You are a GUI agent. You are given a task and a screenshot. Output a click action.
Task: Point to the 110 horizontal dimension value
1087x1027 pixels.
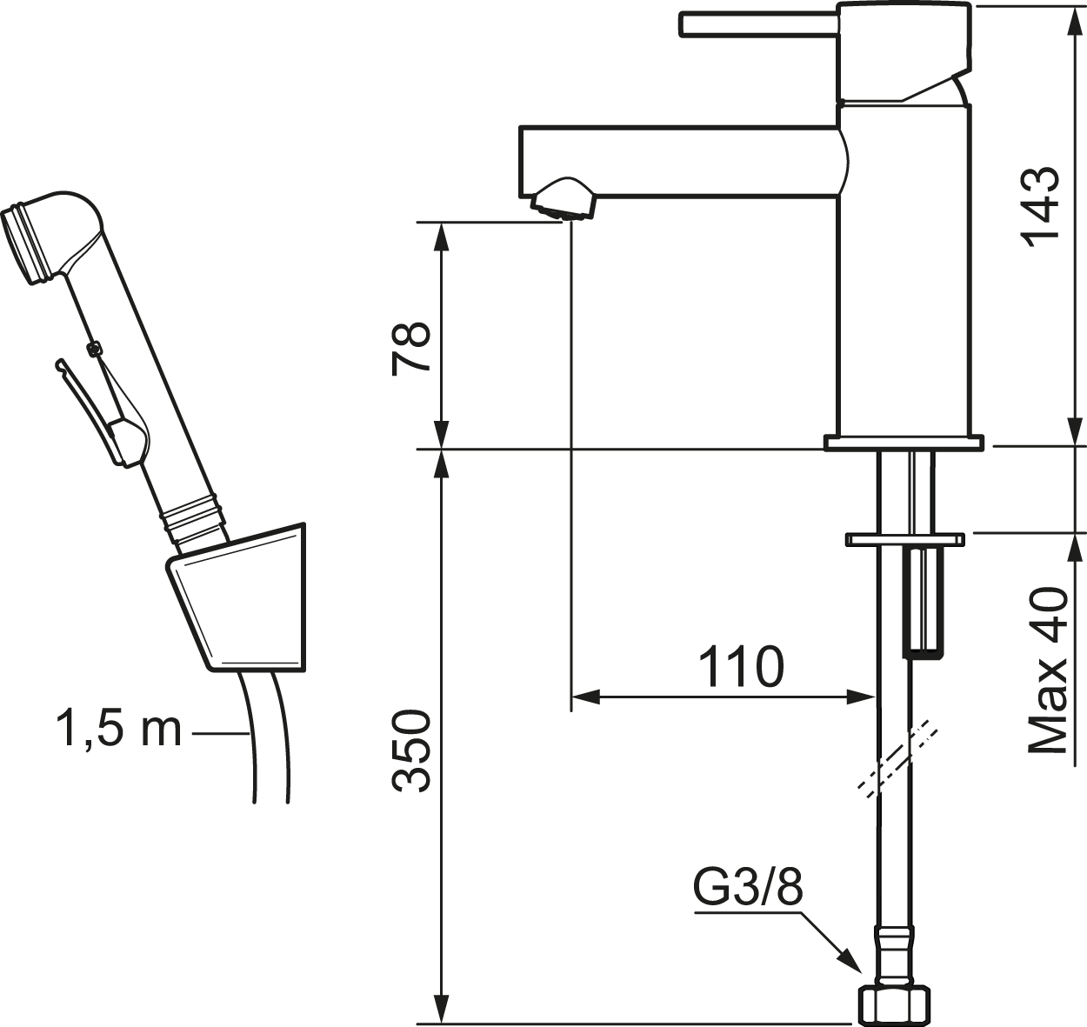[742, 666]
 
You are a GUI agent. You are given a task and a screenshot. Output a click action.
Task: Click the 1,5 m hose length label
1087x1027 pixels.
[118, 729]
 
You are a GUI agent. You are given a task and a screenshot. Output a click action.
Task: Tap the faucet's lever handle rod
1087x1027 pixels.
[759, 24]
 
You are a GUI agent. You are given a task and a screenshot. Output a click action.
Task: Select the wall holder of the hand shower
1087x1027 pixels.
[237, 597]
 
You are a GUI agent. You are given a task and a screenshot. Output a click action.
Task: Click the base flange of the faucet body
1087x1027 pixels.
[904, 443]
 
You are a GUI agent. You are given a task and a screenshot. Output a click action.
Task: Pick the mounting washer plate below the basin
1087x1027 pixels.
[904, 540]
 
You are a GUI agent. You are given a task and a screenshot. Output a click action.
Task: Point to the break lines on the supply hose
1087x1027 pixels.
[897, 759]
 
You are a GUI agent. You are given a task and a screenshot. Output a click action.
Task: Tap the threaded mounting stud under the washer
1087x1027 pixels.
[923, 601]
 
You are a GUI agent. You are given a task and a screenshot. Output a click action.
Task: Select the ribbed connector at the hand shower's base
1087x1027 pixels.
[194, 519]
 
